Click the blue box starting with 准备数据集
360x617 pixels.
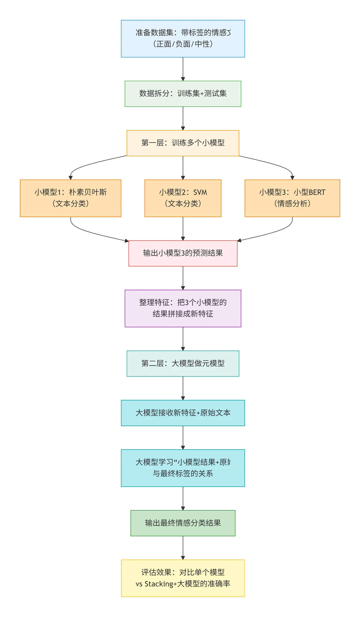click(x=183, y=39)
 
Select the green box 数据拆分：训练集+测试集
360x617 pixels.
click(x=183, y=94)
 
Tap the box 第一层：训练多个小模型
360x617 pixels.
click(x=183, y=143)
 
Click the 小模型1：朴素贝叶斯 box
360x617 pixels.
click(x=70, y=198)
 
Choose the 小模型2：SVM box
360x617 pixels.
click(x=183, y=198)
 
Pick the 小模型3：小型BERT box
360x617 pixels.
click(x=292, y=198)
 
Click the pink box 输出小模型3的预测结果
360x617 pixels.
click(x=183, y=253)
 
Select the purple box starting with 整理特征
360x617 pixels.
click(x=183, y=308)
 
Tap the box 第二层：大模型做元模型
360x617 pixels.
click(x=183, y=363)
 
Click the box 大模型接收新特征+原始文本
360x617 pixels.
click(x=183, y=413)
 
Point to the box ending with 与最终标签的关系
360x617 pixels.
click(x=183, y=468)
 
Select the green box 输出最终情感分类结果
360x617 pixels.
click(x=183, y=523)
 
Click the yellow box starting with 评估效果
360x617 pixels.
click(x=183, y=578)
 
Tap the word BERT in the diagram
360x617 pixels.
click(x=317, y=192)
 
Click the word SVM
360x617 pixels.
click(x=200, y=192)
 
